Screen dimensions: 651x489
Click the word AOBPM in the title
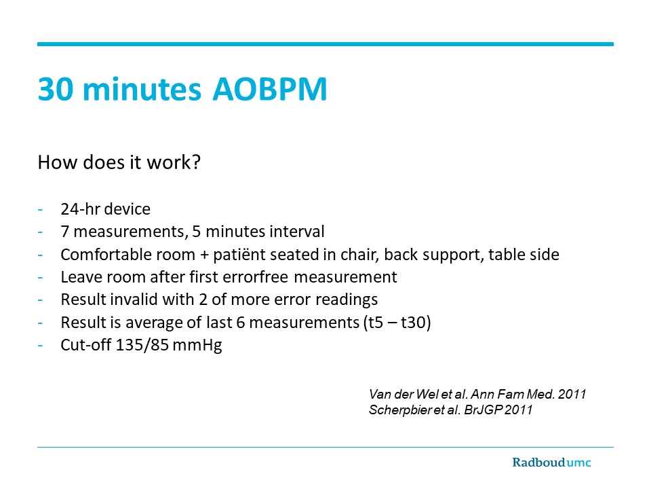pos(270,89)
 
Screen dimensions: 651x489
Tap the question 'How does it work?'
pos(119,162)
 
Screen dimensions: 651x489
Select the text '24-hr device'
pos(106,209)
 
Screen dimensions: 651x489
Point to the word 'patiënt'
pos(237,255)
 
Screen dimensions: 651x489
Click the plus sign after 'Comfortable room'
pos(204,255)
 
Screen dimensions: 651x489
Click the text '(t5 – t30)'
pos(397,322)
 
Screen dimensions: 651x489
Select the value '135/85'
pos(142,345)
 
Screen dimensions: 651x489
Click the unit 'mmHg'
pos(197,346)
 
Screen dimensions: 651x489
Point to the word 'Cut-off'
pos(86,345)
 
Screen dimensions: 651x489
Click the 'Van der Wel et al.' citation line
pos(477,394)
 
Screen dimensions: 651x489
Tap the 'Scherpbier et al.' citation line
pos(450,410)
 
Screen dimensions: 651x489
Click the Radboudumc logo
pos(551,463)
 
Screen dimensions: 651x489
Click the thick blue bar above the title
pos(325,44)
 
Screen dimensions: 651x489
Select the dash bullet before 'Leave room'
pos(40,278)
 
